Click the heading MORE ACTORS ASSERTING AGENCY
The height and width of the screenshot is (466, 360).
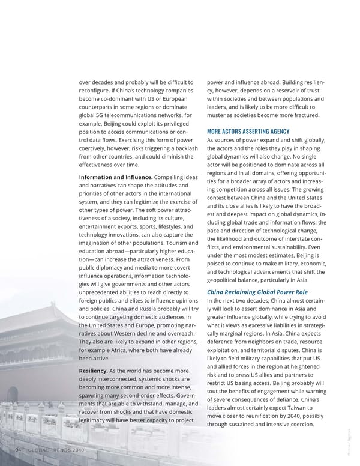point(248,132)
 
